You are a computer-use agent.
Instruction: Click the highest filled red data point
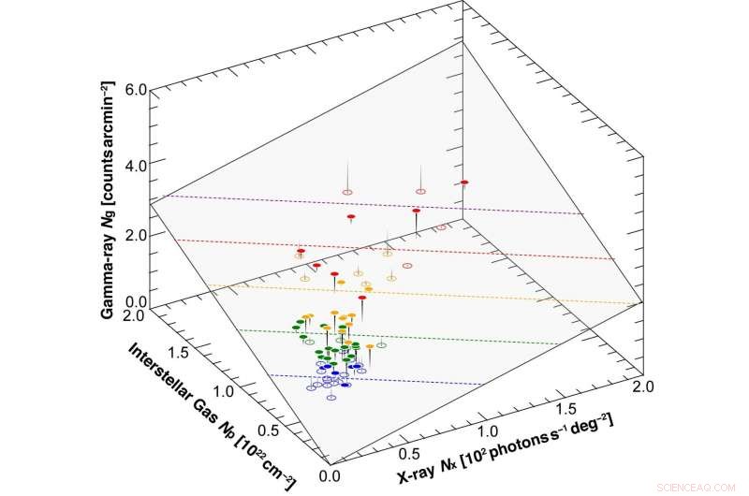pos(463,182)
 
